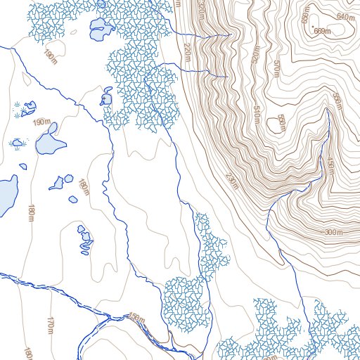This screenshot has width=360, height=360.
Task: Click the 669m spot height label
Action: (x=323, y=32)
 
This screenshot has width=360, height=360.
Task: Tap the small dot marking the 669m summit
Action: (x=312, y=25)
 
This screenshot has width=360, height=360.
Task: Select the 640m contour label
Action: (x=345, y=16)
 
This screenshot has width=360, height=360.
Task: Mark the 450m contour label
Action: (x=330, y=167)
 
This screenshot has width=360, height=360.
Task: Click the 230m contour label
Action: (x=231, y=180)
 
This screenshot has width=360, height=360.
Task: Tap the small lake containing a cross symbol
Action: (x=107, y=98)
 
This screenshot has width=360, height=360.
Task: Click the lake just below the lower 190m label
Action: (x=50, y=144)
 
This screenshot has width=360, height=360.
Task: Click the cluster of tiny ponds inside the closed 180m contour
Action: (x=85, y=240)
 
